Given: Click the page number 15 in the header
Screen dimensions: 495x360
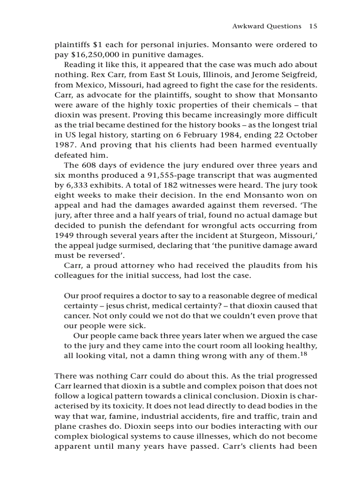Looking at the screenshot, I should [x=313, y=26].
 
